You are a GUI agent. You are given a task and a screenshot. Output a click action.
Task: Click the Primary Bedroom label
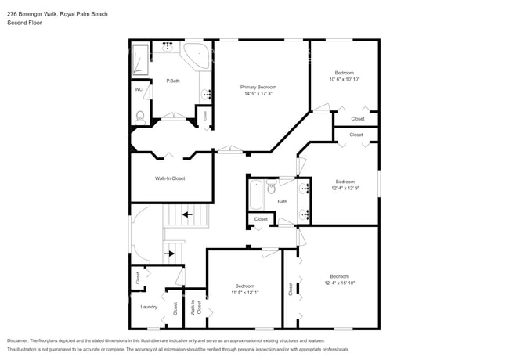(x=258, y=87)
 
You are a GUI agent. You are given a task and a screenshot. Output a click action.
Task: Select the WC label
(x=139, y=89)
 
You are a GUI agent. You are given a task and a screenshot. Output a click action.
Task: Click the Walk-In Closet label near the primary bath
(x=169, y=178)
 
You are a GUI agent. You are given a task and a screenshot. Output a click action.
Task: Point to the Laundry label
(x=149, y=307)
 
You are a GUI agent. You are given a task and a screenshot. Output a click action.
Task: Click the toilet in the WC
(x=140, y=117)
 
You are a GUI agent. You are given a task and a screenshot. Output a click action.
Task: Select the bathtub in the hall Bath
(x=256, y=195)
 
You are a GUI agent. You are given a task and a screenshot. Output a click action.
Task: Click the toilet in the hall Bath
(x=271, y=188)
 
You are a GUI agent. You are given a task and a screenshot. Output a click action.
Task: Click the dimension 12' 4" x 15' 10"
(x=339, y=283)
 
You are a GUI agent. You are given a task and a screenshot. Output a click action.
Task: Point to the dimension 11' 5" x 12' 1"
(x=244, y=292)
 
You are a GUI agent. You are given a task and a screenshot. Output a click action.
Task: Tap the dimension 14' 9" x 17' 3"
(x=258, y=94)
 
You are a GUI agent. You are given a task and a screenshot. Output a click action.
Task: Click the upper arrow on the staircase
(x=188, y=213)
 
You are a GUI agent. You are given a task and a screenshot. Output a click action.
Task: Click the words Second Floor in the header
(x=24, y=23)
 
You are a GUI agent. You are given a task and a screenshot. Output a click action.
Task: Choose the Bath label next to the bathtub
(x=282, y=201)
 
